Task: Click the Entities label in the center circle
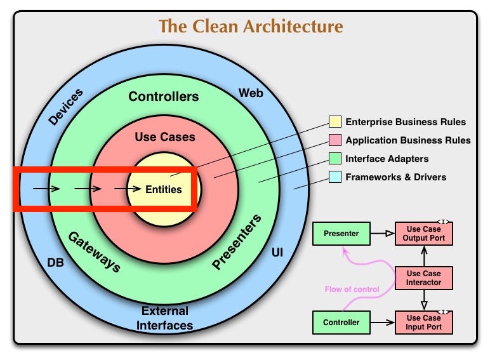[x=163, y=189]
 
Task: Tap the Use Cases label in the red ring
[x=165, y=137]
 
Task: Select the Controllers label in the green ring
[x=163, y=97]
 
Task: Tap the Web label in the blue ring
[x=251, y=93]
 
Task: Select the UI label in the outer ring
[x=277, y=253]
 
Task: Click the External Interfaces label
[x=165, y=318]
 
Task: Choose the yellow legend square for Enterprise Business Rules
[x=334, y=122]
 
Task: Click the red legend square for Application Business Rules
[x=334, y=140]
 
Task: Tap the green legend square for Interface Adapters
[x=334, y=159]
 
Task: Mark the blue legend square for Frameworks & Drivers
[x=334, y=177]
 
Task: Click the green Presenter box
[x=341, y=234]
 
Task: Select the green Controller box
[x=341, y=322]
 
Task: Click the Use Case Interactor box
[x=423, y=277]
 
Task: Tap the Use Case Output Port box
[x=423, y=234]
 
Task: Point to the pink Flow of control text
[x=352, y=290]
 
